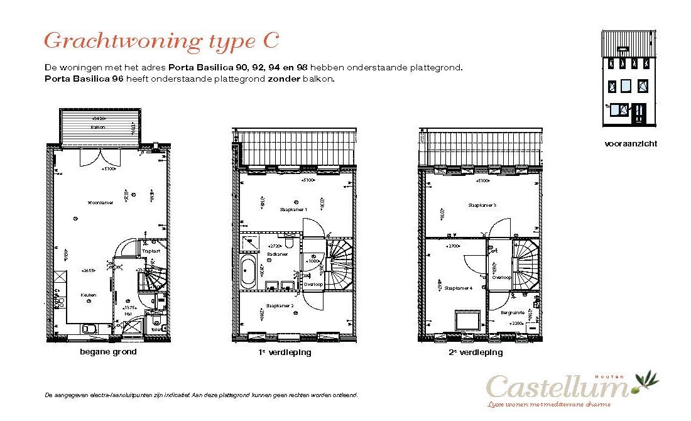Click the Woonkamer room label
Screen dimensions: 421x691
point(101,202)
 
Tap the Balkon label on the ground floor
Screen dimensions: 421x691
point(97,127)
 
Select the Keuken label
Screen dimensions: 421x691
point(88,295)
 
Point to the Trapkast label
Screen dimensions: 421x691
point(151,251)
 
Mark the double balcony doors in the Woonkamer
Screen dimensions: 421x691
point(97,157)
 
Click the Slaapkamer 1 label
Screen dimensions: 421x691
point(293,209)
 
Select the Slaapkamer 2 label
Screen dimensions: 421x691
point(280,306)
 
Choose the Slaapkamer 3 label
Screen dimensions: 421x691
point(482,205)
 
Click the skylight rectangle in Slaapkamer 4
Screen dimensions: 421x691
point(467,320)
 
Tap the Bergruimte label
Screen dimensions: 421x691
point(512,312)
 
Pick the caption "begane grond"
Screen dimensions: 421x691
point(108,352)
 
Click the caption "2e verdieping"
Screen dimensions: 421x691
point(476,353)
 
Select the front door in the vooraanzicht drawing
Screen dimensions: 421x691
point(638,113)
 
